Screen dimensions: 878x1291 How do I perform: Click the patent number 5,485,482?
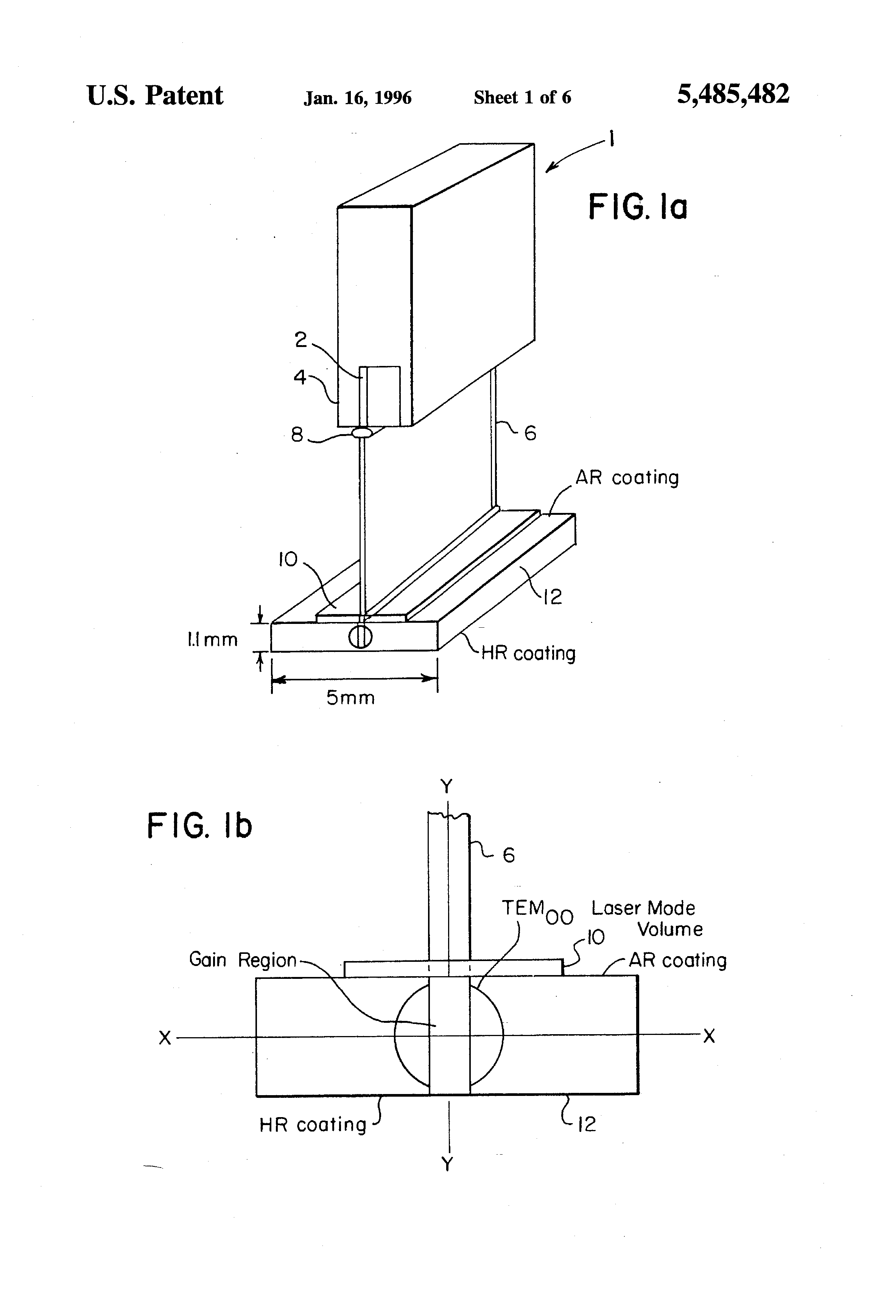733,94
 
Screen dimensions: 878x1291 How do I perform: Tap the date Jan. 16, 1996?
357,98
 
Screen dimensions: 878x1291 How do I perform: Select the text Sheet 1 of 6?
522,97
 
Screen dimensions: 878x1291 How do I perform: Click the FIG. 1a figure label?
638,207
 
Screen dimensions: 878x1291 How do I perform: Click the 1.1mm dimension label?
212,639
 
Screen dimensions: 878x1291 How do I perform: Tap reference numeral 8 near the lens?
297,434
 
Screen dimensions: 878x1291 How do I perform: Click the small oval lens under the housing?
361,431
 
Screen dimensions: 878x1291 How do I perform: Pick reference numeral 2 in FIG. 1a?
301,339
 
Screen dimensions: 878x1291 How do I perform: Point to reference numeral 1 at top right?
612,138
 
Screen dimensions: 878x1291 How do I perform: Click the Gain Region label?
243,960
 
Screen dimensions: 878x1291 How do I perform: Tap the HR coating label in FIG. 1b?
313,1125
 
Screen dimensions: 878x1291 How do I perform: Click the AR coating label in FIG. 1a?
627,478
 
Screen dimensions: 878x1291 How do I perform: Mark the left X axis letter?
165,1038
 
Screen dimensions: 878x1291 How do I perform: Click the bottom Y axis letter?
447,1164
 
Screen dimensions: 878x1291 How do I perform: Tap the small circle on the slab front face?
360,637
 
